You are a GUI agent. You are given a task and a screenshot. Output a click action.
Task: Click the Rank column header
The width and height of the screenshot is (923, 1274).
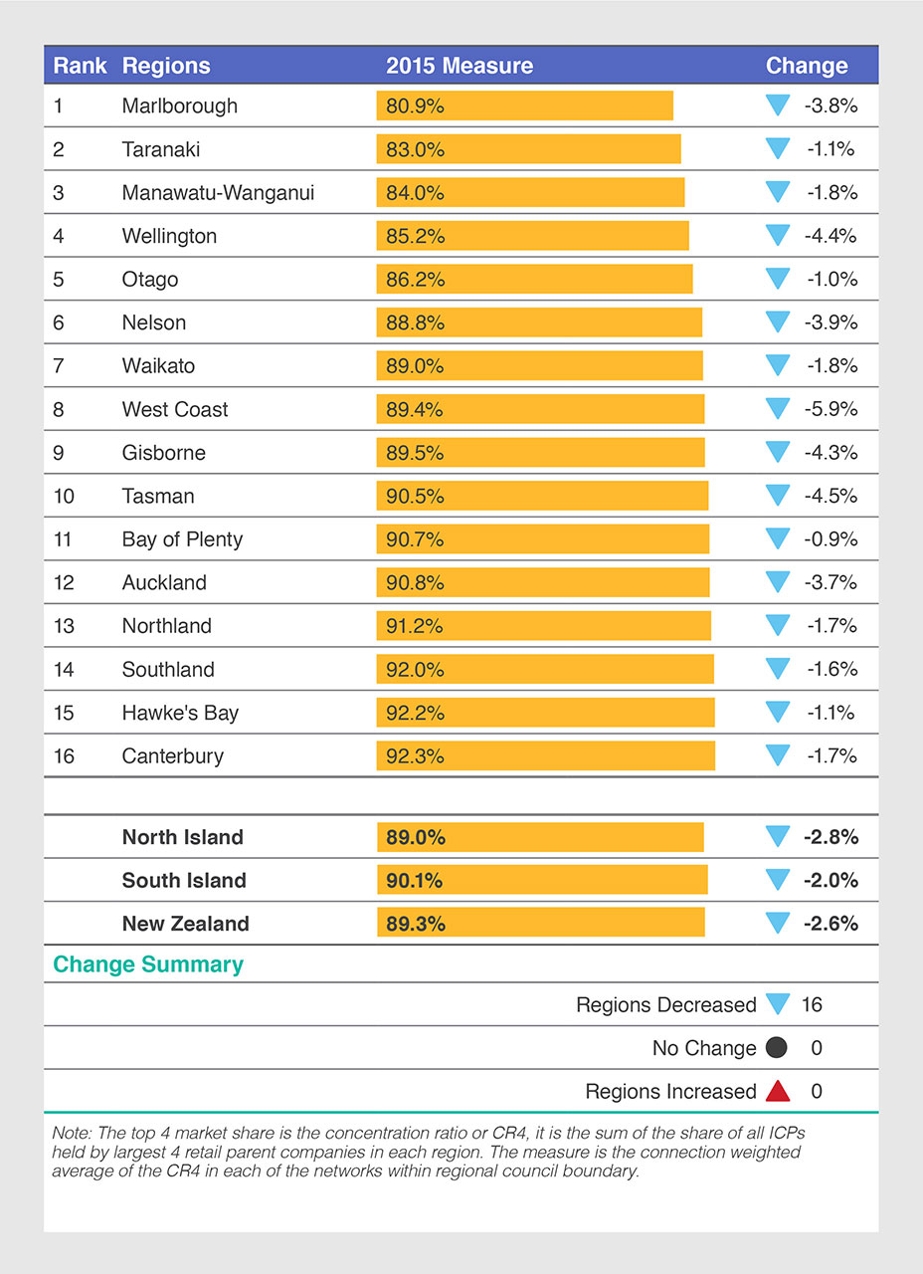click(80, 66)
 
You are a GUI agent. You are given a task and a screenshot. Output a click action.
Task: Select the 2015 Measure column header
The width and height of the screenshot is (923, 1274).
click(459, 66)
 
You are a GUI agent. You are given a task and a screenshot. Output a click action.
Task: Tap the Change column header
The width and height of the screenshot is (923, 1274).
click(806, 66)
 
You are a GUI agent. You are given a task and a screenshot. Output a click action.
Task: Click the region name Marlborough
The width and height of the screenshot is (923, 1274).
click(179, 106)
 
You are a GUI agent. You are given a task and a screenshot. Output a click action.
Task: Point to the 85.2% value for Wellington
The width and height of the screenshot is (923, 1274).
click(415, 236)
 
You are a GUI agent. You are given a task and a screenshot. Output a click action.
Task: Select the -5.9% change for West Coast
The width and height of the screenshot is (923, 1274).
click(830, 409)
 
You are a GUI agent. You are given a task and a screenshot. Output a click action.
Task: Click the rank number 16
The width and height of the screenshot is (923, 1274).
click(64, 755)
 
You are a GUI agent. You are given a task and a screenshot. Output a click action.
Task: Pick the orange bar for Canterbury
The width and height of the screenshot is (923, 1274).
click(545, 755)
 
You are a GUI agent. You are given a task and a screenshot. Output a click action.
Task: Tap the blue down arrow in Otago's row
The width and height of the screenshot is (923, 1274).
click(778, 279)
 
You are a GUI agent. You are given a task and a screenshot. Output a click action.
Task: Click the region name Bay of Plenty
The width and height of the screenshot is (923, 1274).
click(182, 539)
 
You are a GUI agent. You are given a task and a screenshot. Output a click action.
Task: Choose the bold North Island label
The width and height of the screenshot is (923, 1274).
click(182, 837)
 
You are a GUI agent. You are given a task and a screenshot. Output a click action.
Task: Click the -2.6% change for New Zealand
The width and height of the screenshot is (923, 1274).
click(830, 924)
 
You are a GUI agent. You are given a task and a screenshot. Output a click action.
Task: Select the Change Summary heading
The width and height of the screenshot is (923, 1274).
click(147, 964)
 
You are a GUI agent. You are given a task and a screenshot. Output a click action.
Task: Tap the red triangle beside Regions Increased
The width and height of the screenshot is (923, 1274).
click(778, 1092)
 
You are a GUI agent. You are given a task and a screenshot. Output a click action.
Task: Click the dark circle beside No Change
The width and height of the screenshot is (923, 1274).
click(777, 1048)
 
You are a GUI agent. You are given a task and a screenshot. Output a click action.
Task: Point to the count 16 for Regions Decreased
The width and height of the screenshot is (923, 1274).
click(812, 1005)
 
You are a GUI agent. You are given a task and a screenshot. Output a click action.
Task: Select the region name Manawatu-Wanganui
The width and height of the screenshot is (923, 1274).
click(218, 192)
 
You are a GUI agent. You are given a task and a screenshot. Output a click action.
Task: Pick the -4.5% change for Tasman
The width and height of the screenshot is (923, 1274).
click(830, 496)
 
